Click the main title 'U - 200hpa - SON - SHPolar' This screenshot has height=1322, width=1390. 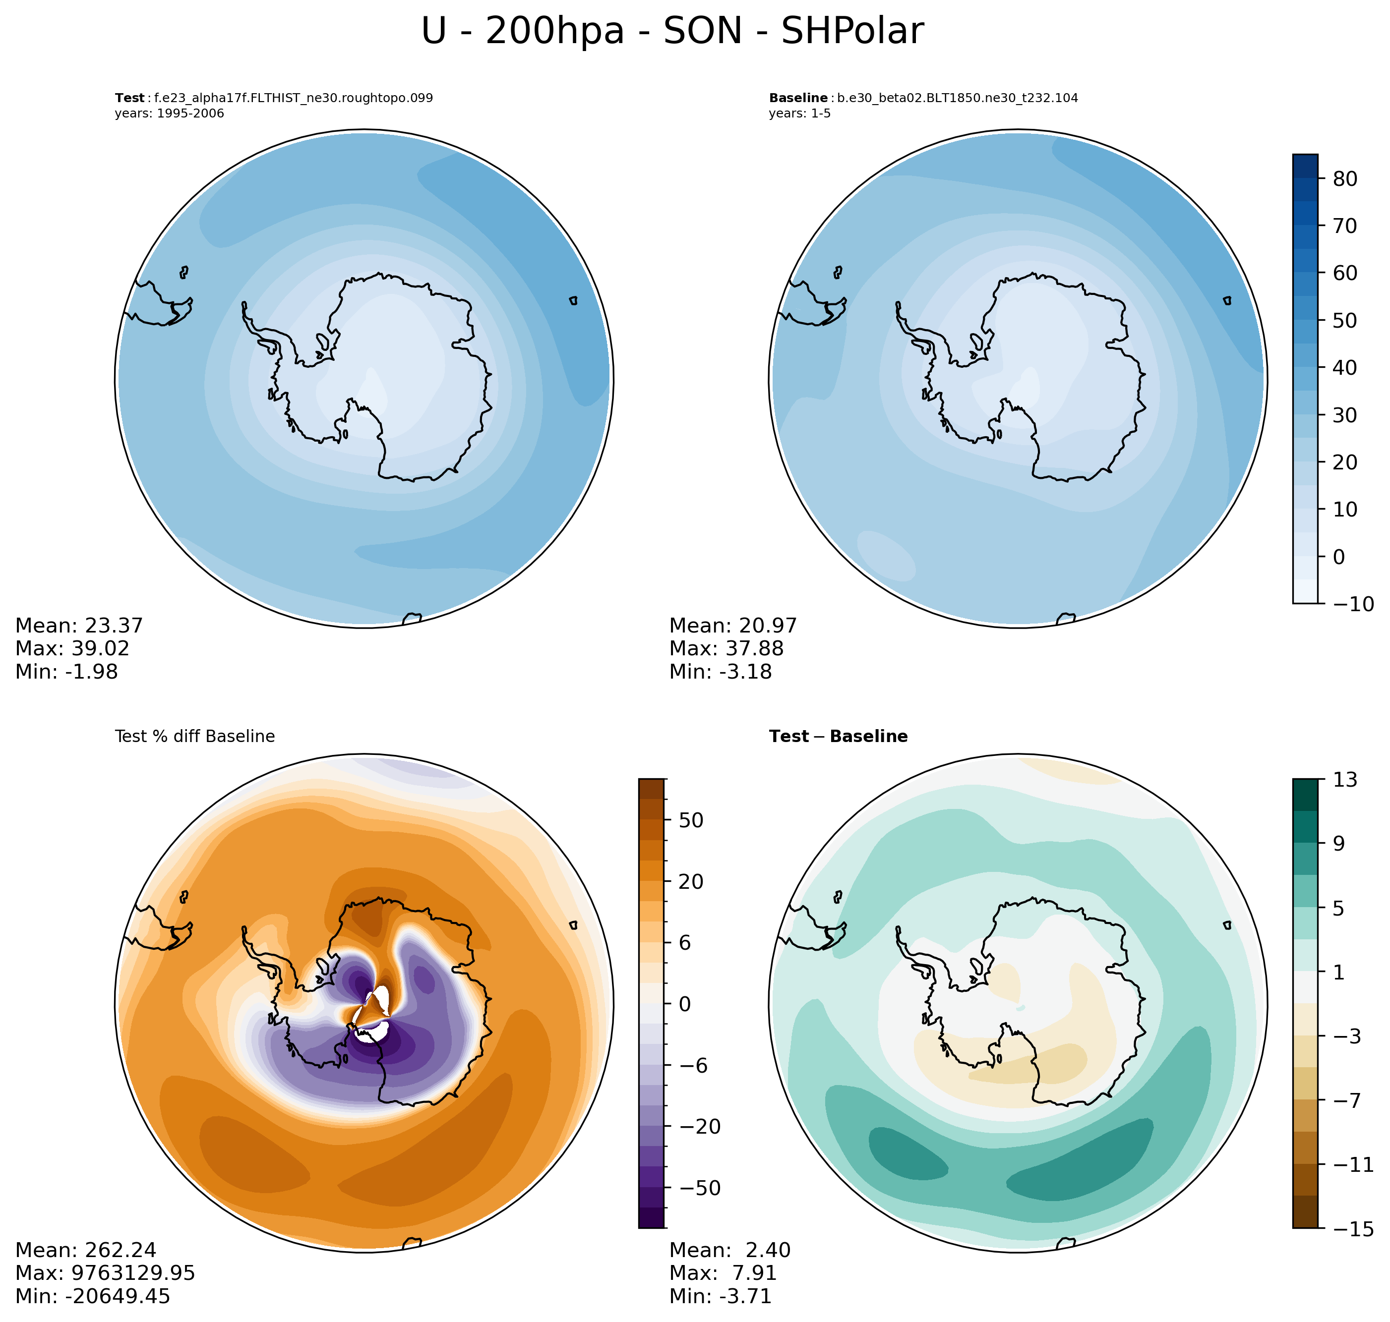(x=672, y=32)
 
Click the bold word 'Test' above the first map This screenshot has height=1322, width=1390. (x=130, y=98)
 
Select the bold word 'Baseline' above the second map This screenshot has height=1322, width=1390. (x=798, y=98)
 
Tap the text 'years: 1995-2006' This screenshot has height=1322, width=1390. (x=169, y=114)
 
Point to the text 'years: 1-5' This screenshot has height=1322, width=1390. (x=799, y=114)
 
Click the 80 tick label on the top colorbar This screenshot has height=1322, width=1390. (x=1345, y=179)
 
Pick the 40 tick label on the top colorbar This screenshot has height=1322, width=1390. (x=1345, y=368)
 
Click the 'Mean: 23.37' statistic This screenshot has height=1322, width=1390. (x=79, y=626)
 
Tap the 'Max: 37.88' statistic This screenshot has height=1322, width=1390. (x=726, y=648)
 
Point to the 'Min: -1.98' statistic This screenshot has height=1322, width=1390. (x=66, y=672)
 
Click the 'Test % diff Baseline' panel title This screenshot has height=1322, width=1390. (x=194, y=737)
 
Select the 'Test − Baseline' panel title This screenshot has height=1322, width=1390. (x=838, y=737)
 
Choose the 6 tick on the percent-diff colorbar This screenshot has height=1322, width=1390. (x=684, y=943)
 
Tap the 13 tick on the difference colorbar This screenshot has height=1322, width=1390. (x=1345, y=779)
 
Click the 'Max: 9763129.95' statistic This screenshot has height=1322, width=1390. (x=105, y=1272)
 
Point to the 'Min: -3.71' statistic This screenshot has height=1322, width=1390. (x=721, y=1296)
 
